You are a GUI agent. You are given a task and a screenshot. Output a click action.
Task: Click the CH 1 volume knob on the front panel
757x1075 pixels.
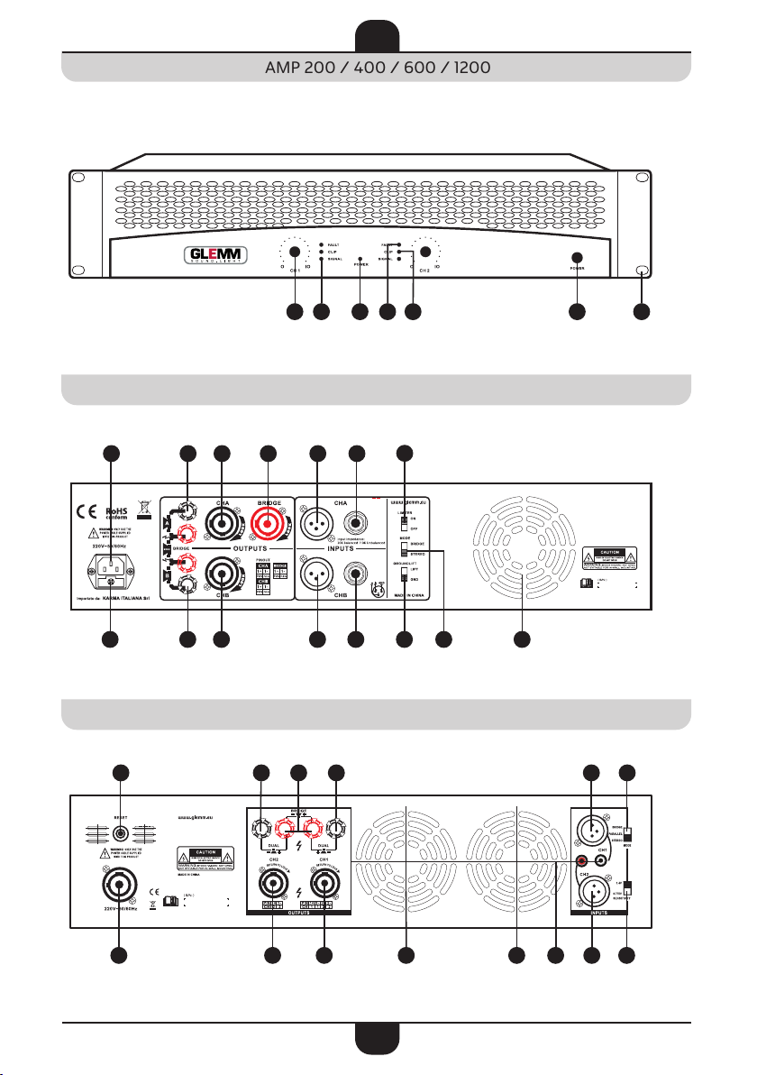pyautogui.click(x=294, y=255)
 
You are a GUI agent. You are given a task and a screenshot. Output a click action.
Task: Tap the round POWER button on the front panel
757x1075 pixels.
pyautogui.click(x=578, y=255)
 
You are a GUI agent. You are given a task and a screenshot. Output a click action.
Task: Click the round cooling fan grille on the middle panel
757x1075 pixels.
pyautogui.click(x=521, y=550)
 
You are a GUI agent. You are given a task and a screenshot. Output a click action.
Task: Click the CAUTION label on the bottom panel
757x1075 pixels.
pyautogui.click(x=205, y=851)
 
